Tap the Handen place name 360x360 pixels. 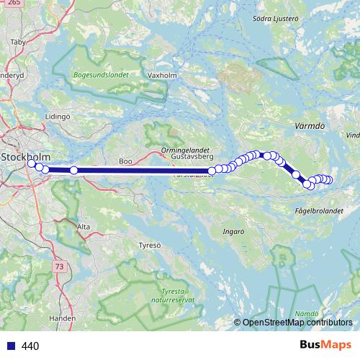point(63,317)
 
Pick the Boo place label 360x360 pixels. point(126,162)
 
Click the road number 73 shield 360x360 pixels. point(58,266)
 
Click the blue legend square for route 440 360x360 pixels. point(12,346)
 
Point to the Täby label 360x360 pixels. point(17,42)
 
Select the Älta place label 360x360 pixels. point(84,227)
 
